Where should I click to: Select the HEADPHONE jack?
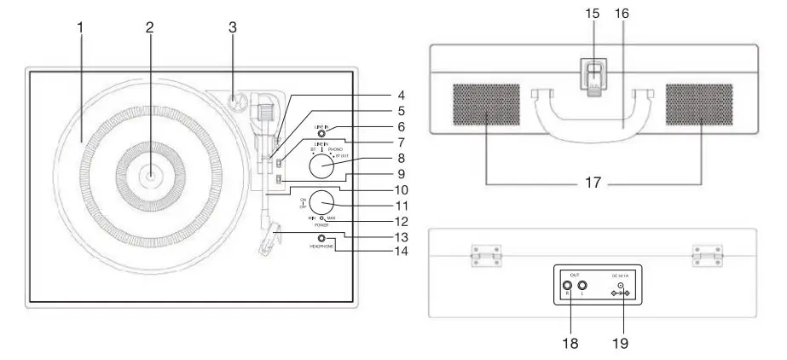321,238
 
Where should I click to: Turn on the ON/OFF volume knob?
321,203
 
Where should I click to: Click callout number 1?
80,26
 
